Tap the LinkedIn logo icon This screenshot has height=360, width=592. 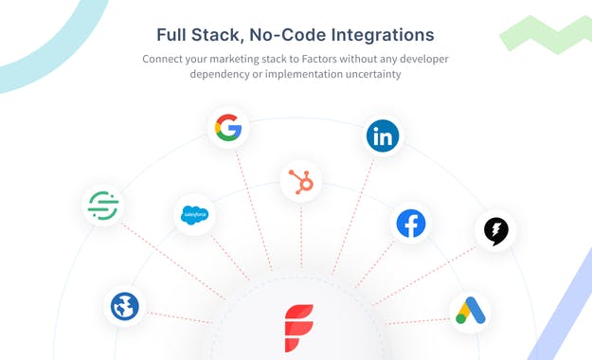point(383,135)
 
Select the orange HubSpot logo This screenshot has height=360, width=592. point(302,179)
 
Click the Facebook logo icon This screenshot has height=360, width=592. point(411,224)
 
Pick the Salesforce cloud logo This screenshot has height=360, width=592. point(193,216)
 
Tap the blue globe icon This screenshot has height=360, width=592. point(124,306)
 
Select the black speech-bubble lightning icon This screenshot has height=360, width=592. point(495,230)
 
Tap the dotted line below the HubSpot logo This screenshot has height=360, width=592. point(302,237)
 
